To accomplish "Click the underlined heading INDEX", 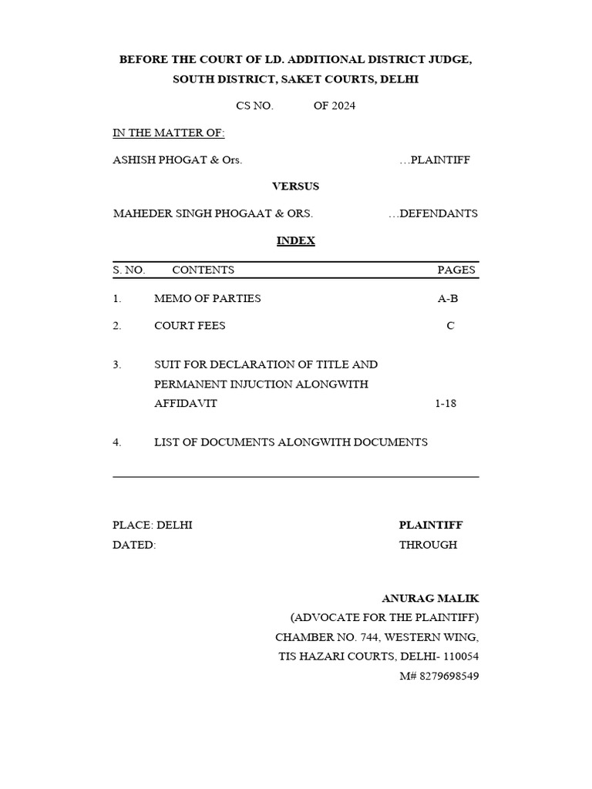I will click(296, 241).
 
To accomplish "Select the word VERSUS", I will click(296, 186).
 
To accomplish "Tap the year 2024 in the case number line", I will click(343, 106).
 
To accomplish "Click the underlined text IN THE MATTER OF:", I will click(169, 133).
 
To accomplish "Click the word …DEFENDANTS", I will click(433, 213).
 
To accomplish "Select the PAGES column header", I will click(456, 270).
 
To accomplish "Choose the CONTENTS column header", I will click(203, 270).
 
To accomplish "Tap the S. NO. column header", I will click(129, 270).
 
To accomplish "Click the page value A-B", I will click(448, 298).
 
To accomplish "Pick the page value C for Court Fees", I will click(450, 326).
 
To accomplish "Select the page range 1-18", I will click(446, 403).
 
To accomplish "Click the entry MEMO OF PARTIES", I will click(207, 298).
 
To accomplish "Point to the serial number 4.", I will click(116, 442).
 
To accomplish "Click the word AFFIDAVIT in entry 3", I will click(186, 403).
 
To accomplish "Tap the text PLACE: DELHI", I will click(153, 525).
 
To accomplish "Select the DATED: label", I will click(134, 545).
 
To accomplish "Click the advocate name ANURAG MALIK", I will click(430, 598).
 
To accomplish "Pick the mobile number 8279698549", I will click(450, 676).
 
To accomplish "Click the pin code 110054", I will click(460, 656).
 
